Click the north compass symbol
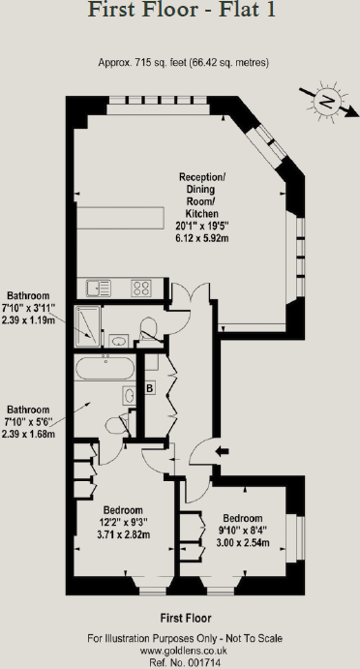click(326, 102)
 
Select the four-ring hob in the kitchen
click(141, 287)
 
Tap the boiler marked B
click(150, 388)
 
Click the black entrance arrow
click(220, 450)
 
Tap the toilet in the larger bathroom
click(129, 396)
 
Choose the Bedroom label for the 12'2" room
click(123, 510)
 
